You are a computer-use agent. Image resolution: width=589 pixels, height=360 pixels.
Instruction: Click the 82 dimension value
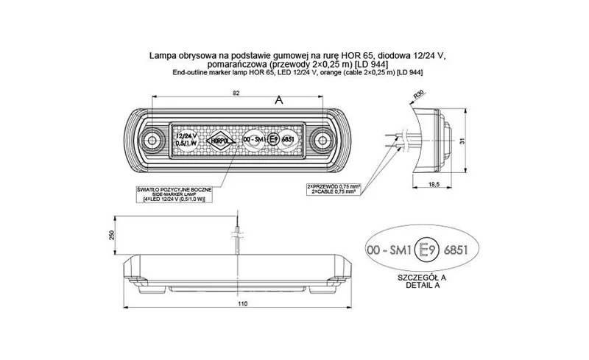point(234,93)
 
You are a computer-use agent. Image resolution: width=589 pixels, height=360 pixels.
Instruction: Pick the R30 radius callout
point(419,95)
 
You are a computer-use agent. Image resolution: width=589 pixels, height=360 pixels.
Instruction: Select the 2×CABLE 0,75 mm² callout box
point(336,188)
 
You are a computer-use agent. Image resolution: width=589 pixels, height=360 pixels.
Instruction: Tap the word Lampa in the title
point(162,54)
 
